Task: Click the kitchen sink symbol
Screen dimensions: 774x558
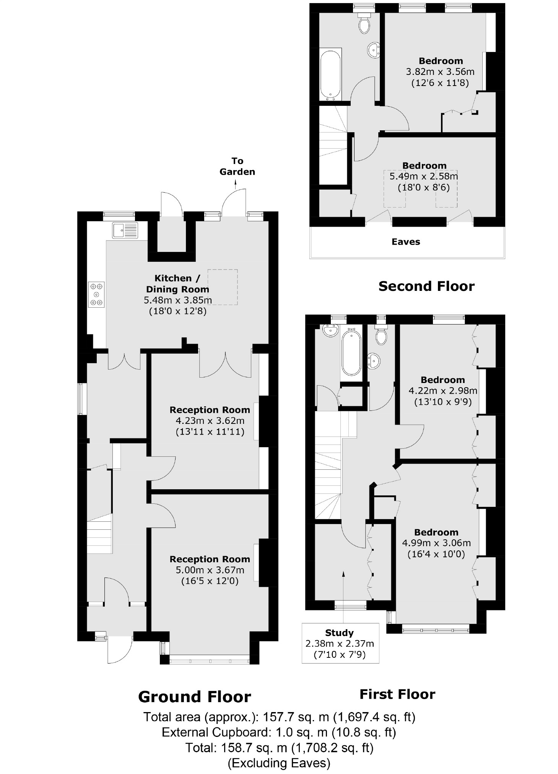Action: (x=125, y=230)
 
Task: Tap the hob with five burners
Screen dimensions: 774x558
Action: (x=96, y=294)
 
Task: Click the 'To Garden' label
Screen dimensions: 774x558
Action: (x=237, y=166)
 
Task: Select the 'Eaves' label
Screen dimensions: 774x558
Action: (x=405, y=242)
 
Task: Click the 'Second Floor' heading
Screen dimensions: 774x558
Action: (x=426, y=286)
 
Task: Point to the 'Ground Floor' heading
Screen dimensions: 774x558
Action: (x=194, y=697)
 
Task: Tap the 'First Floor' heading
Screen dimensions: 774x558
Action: (x=397, y=694)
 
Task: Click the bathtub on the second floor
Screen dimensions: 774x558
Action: (x=330, y=75)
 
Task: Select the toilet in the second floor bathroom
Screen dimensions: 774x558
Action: (x=364, y=24)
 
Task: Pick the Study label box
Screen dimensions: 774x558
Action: (x=340, y=643)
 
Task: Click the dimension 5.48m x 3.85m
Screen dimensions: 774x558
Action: (x=177, y=300)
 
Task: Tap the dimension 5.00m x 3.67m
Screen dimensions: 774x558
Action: (x=210, y=570)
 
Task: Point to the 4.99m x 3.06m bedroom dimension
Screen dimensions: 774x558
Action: (x=436, y=543)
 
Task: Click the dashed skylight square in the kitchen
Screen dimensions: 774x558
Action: (x=222, y=287)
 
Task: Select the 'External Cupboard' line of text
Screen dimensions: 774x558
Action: (x=278, y=732)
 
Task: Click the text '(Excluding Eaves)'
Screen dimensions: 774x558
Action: (x=278, y=763)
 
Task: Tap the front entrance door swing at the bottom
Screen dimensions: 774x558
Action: (x=120, y=649)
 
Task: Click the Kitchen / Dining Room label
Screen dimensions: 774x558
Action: (x=177, y=284)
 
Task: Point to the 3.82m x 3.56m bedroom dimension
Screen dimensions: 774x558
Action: (x=440, y=71)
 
